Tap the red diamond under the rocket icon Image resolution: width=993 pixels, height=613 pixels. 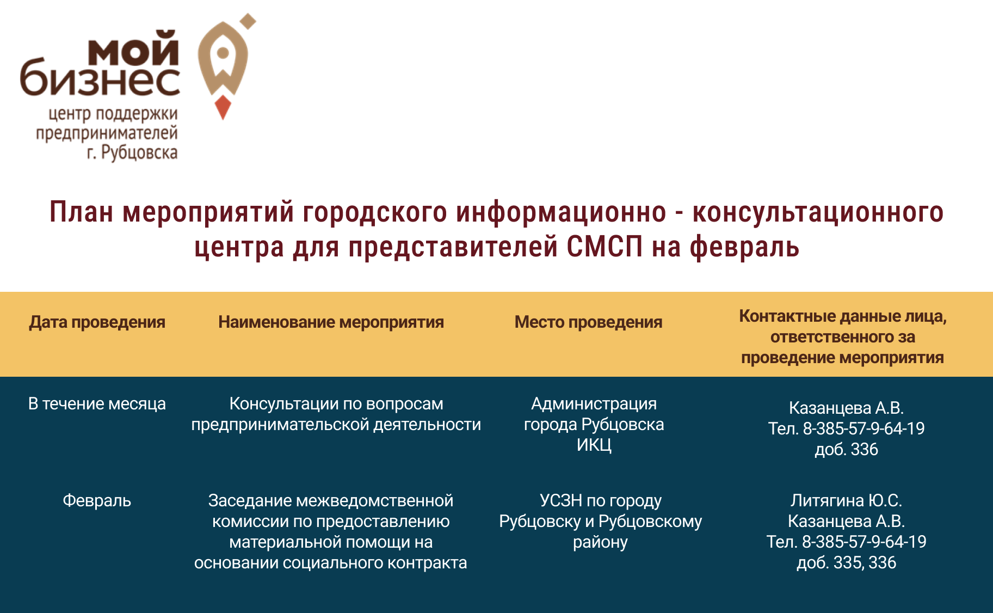coord(223,107)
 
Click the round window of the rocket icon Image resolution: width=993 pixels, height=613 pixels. coord(223,53)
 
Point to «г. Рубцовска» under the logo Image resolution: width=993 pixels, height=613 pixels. coord(132,152)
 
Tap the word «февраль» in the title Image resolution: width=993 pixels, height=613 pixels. coord(744,247)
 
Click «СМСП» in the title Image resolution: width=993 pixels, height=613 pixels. coord(605,246)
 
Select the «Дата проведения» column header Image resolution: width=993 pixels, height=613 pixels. coord(97,322)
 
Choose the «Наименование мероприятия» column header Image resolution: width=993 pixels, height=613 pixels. coord(331,322)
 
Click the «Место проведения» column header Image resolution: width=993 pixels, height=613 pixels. coord(588,322)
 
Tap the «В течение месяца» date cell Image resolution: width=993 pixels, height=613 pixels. coord(97,404)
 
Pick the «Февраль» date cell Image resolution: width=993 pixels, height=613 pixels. coord(97,501)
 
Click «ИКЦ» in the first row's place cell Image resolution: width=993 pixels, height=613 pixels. coord(594,445)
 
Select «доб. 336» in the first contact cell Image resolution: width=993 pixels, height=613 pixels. coord(846,450)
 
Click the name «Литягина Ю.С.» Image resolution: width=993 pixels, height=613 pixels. coord(846,500)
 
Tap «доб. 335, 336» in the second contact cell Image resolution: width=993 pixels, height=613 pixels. coord(846,562)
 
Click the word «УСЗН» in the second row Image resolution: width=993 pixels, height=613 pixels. coord(561,500)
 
